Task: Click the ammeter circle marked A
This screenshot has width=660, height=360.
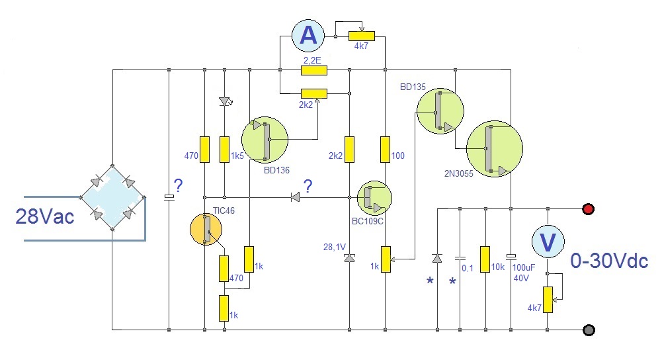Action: (308, 36)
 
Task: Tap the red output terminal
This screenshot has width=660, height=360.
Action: (588, 209)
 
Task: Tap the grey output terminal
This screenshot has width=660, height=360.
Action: (588, 329)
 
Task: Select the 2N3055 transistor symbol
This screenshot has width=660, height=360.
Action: (494, 149)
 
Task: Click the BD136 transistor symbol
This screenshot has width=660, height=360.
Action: (265, 140)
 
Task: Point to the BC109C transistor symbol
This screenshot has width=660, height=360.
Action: (374, 197)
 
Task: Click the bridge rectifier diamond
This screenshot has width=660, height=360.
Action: (112, 197)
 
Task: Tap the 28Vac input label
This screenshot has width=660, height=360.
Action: (44, 216)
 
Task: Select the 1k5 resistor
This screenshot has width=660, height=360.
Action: (225, 150)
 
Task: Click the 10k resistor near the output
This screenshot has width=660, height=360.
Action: (485, 259)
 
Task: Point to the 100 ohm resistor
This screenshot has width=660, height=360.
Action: (385, 150)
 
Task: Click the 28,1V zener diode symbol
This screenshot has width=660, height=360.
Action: (349, 259)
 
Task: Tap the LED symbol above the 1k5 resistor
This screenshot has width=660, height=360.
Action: (225, 102)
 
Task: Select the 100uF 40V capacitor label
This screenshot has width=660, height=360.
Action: (522, 273)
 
